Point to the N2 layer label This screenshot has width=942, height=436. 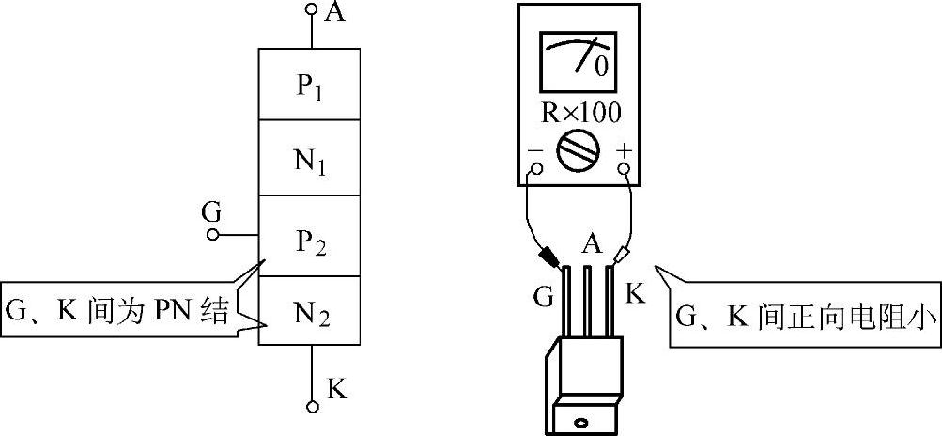click(312, 315)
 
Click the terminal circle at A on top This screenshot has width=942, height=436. click(311, 9)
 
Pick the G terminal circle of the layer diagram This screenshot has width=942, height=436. click(212, 235)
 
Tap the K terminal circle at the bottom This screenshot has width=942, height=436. click(311, 407)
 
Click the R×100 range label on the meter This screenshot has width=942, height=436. click(580, 114)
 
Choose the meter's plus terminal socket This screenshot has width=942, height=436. click(625, 167)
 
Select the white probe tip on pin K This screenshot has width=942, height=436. click(620, 257)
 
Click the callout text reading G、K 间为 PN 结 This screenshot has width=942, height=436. click(117, 313)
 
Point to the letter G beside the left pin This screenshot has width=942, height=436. click(543, 297)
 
